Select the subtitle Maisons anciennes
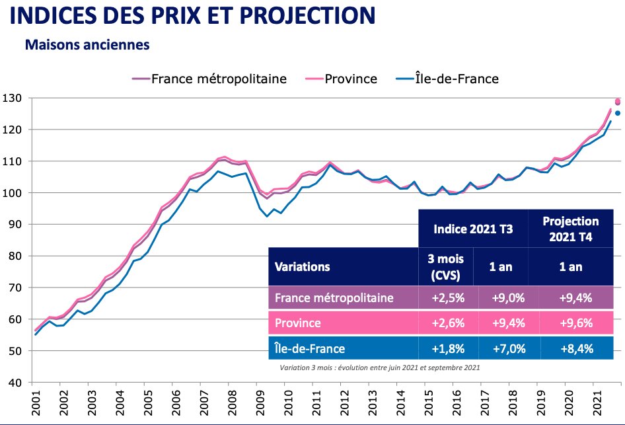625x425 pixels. point(87,46)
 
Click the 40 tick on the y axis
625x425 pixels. point(13,383)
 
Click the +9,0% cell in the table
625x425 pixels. point(507,297)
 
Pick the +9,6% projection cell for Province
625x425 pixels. point(571,323)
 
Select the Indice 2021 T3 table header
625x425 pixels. point(473,229)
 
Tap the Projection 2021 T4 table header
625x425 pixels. point(571,229)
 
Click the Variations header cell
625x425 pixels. point(303,267)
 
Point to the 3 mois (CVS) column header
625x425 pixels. point(447,267)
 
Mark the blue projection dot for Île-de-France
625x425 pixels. point(618,113)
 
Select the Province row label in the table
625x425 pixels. point(299,323)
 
